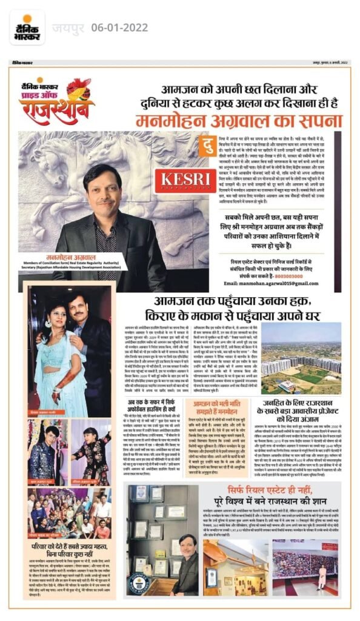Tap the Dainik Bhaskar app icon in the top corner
(27, 27)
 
